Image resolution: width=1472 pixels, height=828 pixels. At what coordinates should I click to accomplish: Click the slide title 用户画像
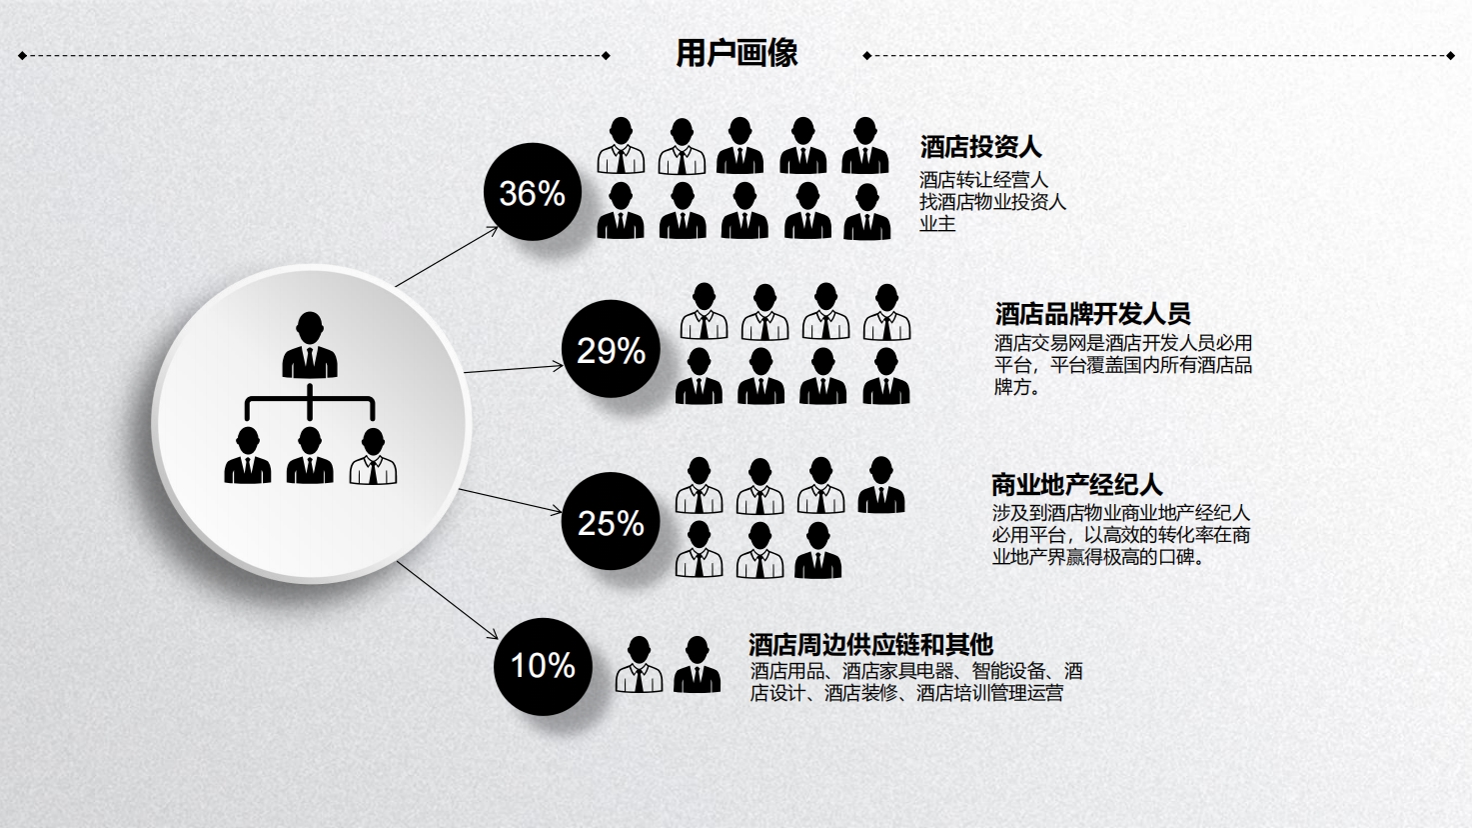coord(736,53)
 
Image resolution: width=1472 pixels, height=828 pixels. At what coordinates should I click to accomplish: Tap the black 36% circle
coord(533,192)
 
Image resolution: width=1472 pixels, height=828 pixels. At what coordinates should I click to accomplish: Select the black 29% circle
coord(611,349)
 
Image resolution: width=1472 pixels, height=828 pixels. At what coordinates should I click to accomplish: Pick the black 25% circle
coord(611,522)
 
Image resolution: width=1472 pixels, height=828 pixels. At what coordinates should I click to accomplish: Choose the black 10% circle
coord(543,666)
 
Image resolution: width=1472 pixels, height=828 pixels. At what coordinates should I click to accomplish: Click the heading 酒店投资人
coord(980,147)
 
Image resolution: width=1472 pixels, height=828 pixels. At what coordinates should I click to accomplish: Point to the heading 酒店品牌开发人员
coord(1092,314)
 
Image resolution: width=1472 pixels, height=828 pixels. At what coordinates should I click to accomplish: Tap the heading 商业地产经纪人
coord(1076,485)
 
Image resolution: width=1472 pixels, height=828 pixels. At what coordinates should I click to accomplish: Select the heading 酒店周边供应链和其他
coord(870,645)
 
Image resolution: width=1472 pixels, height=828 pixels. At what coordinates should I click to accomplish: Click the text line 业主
coord(937,224)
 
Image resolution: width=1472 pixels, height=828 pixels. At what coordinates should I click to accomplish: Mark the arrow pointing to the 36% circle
coord(447,256)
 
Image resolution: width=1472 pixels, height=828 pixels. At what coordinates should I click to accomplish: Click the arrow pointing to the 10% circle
coord(448,600)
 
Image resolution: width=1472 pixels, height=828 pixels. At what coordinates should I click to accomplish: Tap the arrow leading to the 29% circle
coord(514,369)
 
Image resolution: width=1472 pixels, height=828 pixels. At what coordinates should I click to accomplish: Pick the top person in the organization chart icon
coord(310,345)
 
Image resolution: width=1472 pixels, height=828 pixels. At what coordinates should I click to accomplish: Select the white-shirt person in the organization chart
coord(373,456)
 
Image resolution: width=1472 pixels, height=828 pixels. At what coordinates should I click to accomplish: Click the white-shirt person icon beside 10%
coord(639,664)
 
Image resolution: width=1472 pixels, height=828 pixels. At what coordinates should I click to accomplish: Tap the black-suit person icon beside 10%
coord(697,664)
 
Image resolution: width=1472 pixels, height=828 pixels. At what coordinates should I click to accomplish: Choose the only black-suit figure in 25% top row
coord(881,485)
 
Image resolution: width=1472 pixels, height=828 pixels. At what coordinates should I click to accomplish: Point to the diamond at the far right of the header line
coord(1450,56)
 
